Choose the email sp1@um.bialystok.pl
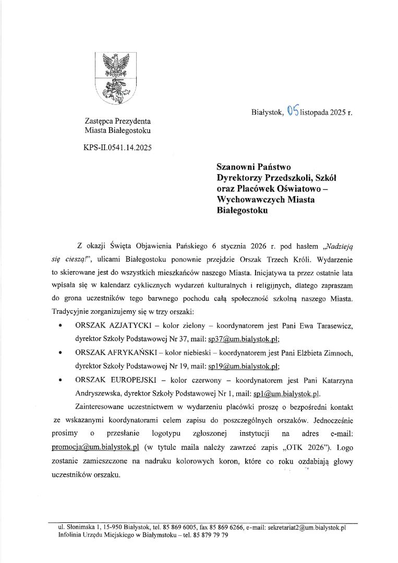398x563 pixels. (x=286, y=393)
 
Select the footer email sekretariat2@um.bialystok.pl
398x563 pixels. (x=307, y=528)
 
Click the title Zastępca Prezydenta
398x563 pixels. (x=118, y=120)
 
